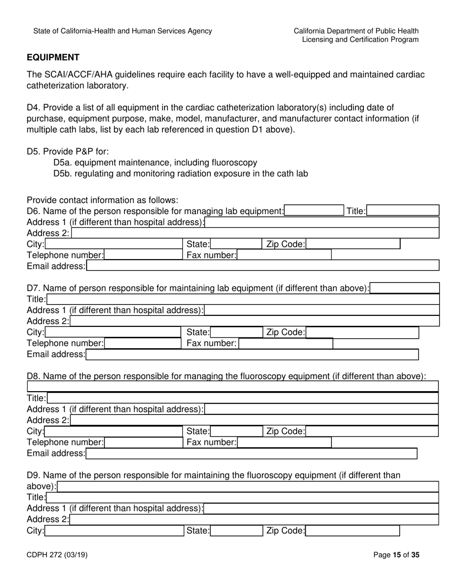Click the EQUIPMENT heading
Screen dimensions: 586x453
[53, 58]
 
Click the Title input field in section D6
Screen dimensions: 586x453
[403, 211]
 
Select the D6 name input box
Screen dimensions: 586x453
[313, 211]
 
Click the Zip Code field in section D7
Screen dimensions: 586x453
[362, 333]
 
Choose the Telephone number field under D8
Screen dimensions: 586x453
[143, 443]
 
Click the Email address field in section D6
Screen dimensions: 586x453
[262, 266]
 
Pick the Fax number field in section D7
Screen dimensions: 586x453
[285, 344]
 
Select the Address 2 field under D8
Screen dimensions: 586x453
[254, 420]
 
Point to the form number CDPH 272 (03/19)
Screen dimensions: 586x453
[57, 555]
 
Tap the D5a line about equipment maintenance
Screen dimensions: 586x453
[155, 162]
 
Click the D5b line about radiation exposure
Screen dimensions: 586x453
[181, 173]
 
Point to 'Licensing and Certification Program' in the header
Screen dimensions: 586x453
[360, 40]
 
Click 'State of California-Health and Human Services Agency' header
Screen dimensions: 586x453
[123, 31]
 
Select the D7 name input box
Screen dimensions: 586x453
[404, 288]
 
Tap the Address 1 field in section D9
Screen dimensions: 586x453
[321, 508]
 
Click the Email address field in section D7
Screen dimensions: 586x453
[252, 354]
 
